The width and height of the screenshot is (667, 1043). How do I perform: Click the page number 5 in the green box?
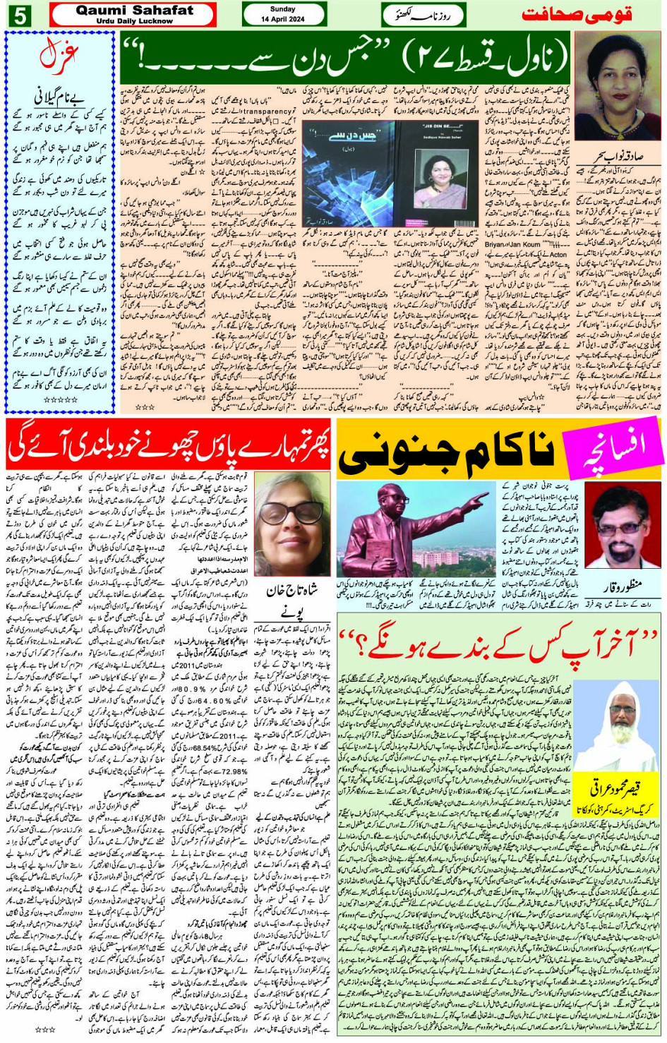click(19, 15)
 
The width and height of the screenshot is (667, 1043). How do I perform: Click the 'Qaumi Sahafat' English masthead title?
click(134, 10)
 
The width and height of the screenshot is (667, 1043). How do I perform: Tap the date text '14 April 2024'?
click(284, 19)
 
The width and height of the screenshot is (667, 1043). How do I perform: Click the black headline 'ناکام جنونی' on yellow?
click(449, 455)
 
